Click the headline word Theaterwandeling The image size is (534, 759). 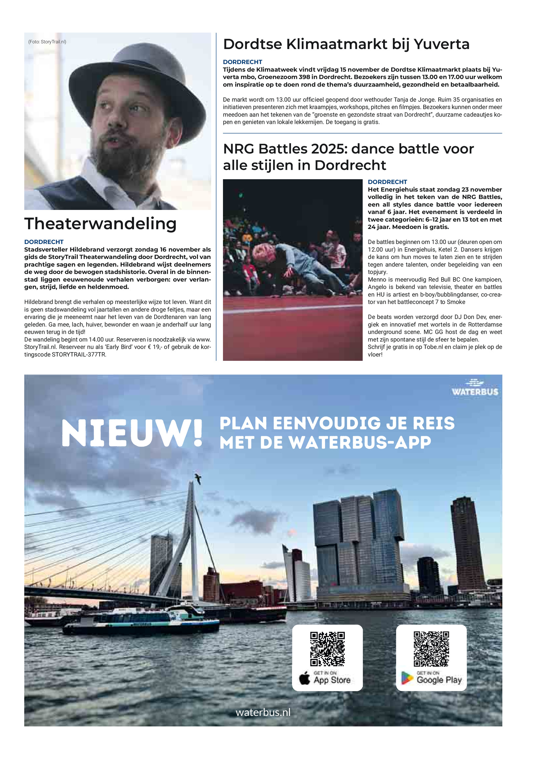click(100, 224)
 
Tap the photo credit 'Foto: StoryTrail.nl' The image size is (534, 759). click(47, 42)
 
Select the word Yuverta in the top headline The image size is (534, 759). click(441, 44)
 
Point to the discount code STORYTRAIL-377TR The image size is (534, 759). click(79, 354)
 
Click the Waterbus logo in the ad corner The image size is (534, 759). click(475, 388)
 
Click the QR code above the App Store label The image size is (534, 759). click(327, 649)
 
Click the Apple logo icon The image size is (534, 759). click(304, 679)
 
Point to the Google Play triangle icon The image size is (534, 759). click(407, 678)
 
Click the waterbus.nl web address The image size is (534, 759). click(263, 712)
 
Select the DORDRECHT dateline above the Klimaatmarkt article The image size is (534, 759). click(242, 62)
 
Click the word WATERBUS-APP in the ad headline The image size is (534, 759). click(360, 443)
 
